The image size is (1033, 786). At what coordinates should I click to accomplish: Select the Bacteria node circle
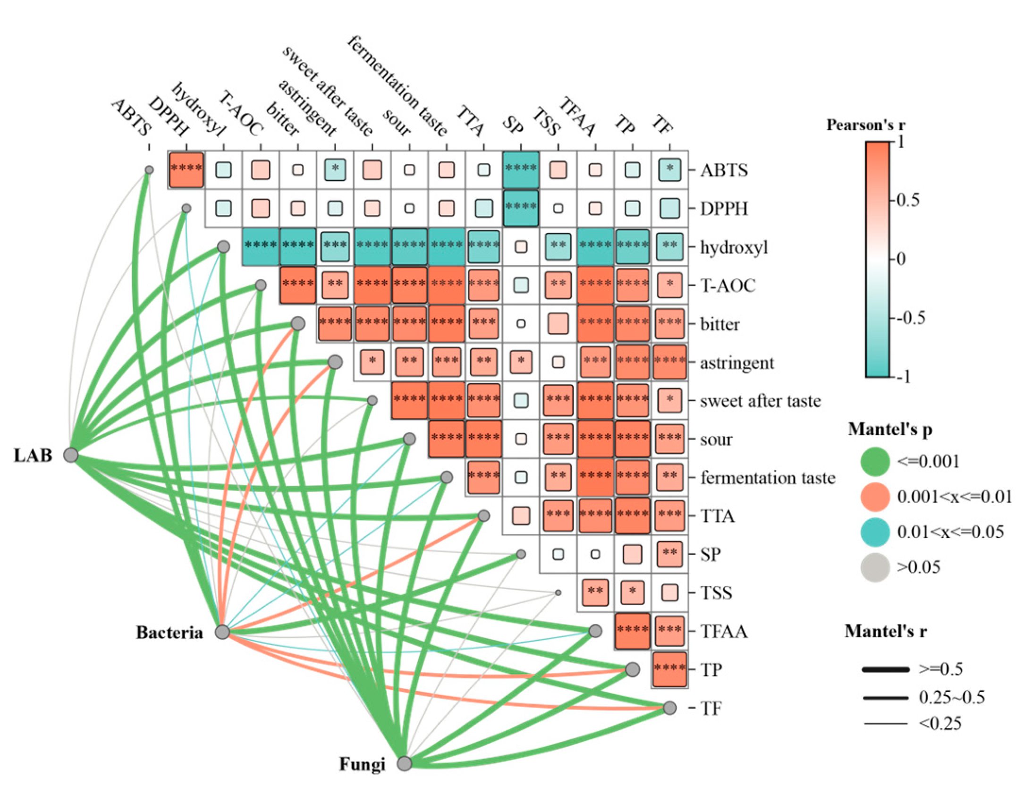222,632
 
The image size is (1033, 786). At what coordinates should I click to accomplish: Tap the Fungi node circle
404,763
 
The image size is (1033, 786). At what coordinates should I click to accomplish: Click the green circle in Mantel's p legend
875,461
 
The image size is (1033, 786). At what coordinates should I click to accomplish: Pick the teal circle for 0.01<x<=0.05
875,532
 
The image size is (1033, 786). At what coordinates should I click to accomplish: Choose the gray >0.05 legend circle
875,567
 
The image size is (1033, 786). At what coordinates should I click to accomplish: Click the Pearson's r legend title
865,125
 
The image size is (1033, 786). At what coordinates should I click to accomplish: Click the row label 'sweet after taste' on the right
760,401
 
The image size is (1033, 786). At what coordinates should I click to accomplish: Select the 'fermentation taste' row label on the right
768,478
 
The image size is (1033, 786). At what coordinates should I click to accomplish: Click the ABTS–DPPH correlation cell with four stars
186,169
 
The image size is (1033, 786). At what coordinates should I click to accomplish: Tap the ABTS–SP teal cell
521,169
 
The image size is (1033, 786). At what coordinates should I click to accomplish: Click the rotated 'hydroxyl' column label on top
199,109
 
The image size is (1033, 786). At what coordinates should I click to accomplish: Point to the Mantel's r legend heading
885,631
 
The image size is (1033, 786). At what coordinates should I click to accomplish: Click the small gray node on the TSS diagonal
558,592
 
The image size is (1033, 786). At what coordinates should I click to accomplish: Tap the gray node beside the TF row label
669,708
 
